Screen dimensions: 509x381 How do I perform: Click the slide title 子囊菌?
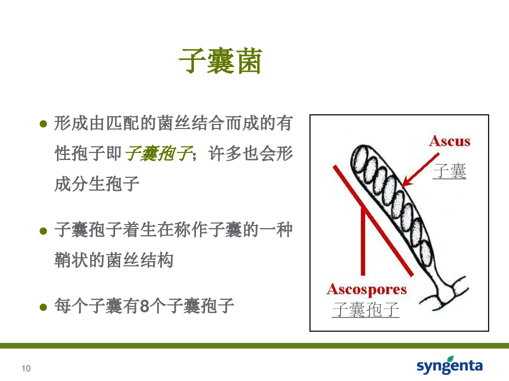click(x=220, y=61)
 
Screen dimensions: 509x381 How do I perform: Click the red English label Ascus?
click(x=449, y=141)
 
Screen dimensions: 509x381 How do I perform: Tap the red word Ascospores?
click(x=366, y=290)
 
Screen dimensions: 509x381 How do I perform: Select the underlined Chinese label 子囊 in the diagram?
click(x=449, y=171)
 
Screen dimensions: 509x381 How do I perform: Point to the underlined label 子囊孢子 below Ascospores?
click(x=365, y=309)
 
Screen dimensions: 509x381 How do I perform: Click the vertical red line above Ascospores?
click(x=363, y=242)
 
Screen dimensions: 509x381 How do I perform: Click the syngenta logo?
click(x=449, y=365)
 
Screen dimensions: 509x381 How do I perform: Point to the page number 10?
click(x=26, y=368)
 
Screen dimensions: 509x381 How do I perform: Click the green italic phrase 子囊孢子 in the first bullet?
click(x=159, y=153)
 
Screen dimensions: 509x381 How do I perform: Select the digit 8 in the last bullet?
click(x=145, y=306)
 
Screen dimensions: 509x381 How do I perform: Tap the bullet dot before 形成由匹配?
click(x=43, y=124)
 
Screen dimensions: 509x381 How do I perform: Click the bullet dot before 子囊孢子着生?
click(x=43, y=231)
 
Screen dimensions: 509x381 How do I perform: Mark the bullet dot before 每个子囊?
click(x=43, y=307)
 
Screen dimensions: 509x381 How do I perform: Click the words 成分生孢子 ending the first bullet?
click(x=97, y=184)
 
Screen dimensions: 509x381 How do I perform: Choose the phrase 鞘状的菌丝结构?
click(x=114, y=260)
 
